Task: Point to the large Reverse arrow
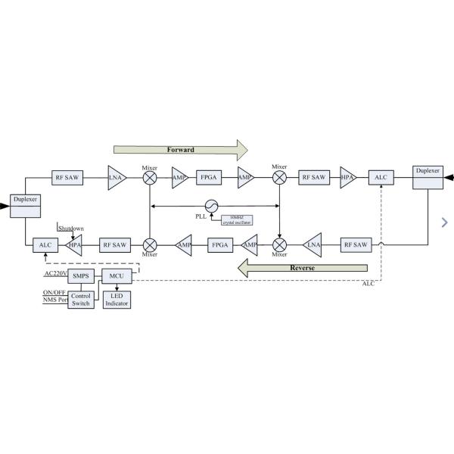(x=302, y=268)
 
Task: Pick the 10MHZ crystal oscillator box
(x=236, y=219)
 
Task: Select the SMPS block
(x=80, y=276)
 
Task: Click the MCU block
(x=116, y=276)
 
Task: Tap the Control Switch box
(x=80, y=299)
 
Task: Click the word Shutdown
(x=71, y=227)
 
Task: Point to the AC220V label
(x=55, y=273)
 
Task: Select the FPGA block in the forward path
(x=208, y=177)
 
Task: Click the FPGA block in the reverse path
(x=220, y=245)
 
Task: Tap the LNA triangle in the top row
(x=117, y=177)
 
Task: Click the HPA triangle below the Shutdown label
(x=75, y=245)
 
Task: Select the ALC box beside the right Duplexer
(x=380, y=177)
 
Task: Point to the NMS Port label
(x=54, y=300)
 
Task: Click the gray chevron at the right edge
(x=444, y=221)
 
